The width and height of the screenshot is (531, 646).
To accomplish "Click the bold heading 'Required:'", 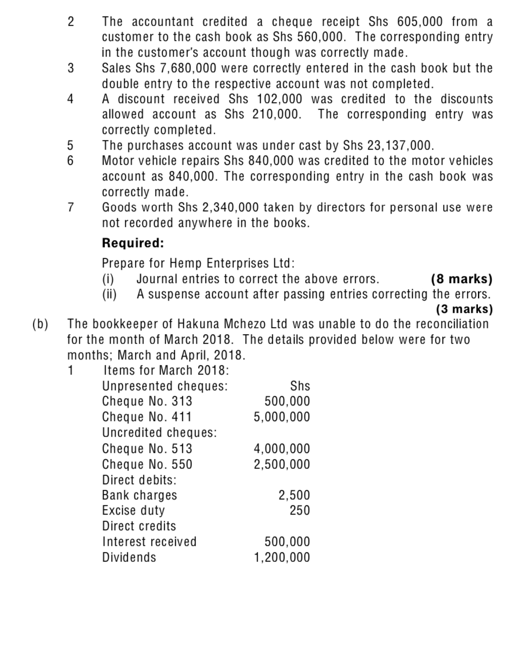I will point(133,243).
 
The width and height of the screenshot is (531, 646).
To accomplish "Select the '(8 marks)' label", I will point(461,279).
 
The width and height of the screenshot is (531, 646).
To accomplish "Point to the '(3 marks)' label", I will point(464,309).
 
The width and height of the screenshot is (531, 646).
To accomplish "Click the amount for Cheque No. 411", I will point(282,417).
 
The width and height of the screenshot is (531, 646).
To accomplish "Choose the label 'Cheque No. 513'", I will point(147,449).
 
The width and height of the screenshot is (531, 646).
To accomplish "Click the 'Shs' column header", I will point(300,386).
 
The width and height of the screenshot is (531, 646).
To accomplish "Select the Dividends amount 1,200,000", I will point(282,558).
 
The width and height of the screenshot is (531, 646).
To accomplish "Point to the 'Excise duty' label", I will point(133,511).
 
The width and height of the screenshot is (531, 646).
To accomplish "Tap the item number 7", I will point(71,207).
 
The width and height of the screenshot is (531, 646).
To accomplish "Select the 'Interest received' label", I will point(150,542).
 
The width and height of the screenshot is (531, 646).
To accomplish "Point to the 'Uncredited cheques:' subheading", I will point(160,433).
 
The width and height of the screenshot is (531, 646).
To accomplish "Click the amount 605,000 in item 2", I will point(421,22).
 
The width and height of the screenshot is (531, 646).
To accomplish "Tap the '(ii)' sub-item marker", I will point(110,294).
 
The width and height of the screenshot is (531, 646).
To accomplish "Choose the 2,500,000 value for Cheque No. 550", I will point(282,465).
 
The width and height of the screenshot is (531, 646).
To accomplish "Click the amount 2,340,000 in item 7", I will point(231,207).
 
